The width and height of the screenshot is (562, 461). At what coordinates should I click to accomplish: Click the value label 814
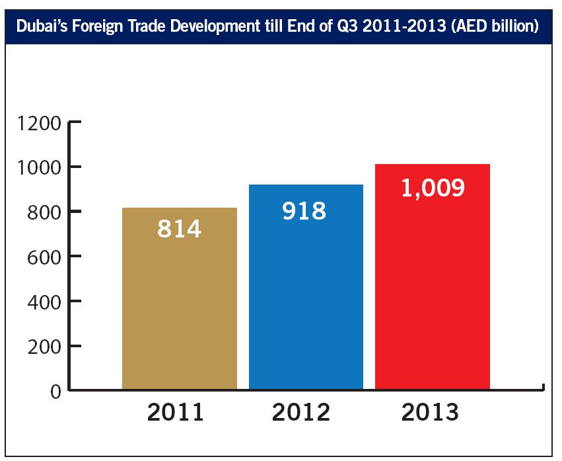click(x=179, y=229)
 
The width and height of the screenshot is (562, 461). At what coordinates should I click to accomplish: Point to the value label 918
click(x=304, y=210)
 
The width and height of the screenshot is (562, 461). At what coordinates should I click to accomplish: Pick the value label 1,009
click(x=433, y=187)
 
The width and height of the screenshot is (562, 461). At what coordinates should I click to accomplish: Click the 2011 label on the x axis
click(x=176, y=412)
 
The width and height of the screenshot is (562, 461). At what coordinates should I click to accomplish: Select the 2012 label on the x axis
click(x=302, y=412)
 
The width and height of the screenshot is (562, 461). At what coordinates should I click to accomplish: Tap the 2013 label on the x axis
click(x=430, y=412)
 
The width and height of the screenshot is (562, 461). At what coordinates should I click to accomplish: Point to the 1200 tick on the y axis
click(x=39, y=123)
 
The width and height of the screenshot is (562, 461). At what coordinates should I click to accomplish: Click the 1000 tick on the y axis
click(x=39, y=167)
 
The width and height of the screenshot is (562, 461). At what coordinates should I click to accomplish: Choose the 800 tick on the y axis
click(x=44, y=212)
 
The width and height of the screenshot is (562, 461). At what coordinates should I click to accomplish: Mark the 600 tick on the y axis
click(x=44, y=256)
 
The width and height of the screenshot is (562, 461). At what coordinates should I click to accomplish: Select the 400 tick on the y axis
click(x=44, y=302)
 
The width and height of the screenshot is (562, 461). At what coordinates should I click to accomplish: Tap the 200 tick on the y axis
click(x=44, y=346)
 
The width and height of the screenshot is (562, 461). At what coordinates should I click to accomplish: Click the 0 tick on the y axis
click(x=55, y=391)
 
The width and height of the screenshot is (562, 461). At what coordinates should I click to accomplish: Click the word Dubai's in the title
click(x=40, y=27)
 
